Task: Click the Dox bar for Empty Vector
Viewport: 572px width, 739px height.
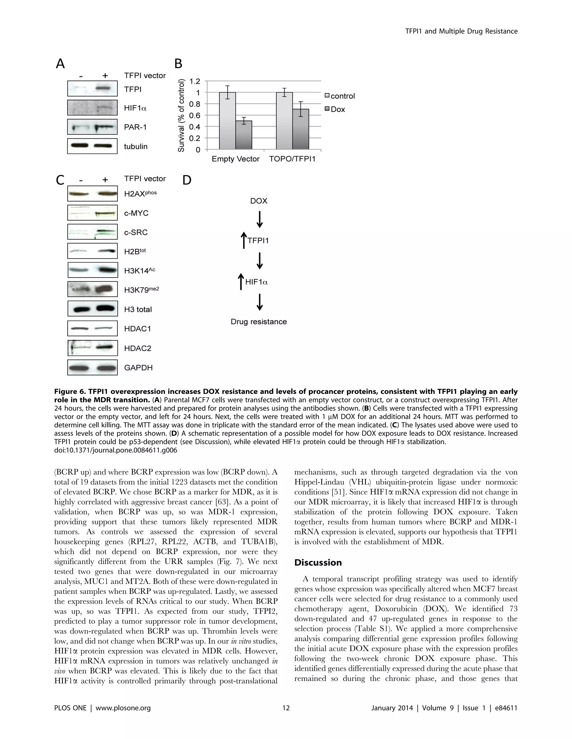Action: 244,135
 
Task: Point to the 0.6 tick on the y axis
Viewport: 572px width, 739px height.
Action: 195,115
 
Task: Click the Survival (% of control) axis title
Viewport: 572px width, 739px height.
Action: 182,115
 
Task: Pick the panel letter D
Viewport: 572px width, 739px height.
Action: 187,180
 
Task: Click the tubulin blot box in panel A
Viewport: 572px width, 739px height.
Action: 92,146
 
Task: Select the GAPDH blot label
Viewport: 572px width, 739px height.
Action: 138,367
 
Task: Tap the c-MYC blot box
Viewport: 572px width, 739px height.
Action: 92,213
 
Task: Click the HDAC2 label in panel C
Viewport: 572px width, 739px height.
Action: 137,348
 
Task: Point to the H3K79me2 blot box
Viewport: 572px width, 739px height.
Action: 92,290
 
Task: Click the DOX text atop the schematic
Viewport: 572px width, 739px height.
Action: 259,201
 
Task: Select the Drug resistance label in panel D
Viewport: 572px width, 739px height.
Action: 259,322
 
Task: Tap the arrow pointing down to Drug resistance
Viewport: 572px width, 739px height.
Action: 259,302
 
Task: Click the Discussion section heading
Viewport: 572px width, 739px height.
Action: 318,562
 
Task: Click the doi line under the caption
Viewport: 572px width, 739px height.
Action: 115,450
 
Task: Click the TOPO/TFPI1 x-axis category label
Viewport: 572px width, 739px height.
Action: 292,159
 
